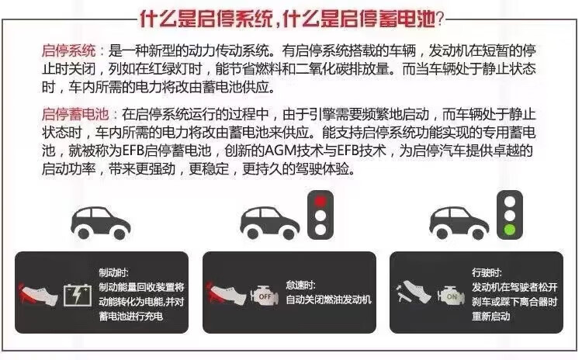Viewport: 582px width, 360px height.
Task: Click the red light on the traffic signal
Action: [x=320, y=202]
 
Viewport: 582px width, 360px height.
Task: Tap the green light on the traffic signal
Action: [x=510, y=230]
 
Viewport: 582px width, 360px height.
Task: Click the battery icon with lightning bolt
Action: [x=77, y=295]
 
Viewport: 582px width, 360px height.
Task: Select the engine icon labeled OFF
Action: [x=265, y=296]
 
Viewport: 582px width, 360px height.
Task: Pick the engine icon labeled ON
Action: [x=451, y=296]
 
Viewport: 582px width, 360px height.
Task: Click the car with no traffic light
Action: [x=100, y=223]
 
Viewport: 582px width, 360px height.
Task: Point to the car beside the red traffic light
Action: [x=270, y=223]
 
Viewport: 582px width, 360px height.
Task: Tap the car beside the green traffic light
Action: [x=459, y=223]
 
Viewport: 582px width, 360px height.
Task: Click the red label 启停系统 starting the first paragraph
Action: [x=68, y=50]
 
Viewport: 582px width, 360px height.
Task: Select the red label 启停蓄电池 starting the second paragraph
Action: [x=75, y=114]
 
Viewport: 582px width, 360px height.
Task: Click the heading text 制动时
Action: [x=113, y=273]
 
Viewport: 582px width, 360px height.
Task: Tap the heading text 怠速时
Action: [x=300, y=285]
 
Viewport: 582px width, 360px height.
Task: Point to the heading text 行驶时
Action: [x=487, y=273]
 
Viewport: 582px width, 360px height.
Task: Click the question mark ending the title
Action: [x=439, y=19]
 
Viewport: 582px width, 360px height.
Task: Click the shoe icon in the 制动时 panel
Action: [x=38, y=295]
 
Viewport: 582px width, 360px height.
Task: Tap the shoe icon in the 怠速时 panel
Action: [x=227, y=295]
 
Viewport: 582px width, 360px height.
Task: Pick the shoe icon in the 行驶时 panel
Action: [x=414, y=293]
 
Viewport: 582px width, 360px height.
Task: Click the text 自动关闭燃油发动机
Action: [x=328, y=300]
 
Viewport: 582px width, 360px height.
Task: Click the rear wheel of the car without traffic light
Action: [x=84, y=233]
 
